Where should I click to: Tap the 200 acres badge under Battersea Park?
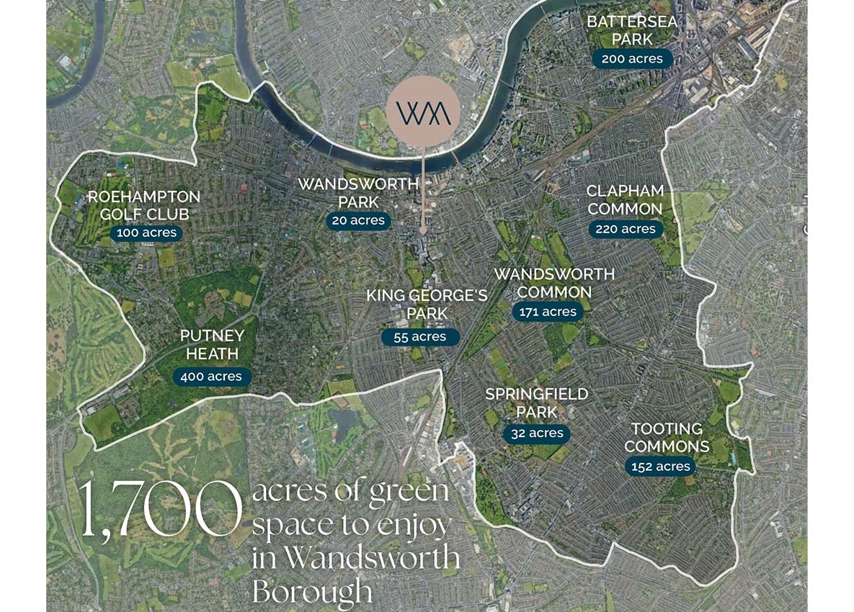[632, 59]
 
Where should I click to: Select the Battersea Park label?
[632, 30]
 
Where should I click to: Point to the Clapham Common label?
[624, 200]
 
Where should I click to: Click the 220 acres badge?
[625, 230]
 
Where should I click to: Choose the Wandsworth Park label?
[358, 192]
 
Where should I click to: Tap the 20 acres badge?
[358, 221]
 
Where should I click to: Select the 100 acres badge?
[146, 233]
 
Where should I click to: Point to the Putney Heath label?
[212, 345]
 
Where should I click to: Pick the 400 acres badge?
[212, 377]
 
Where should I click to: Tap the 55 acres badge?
[420, 337]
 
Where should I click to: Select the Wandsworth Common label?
[554, 283]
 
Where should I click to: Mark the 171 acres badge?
[548, 312]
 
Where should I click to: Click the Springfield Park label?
[536, 403]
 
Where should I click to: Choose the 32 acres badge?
[536, 433]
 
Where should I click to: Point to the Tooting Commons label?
[667, 437]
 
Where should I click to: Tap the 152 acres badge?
[661, 467]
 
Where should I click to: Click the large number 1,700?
[159, 508]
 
